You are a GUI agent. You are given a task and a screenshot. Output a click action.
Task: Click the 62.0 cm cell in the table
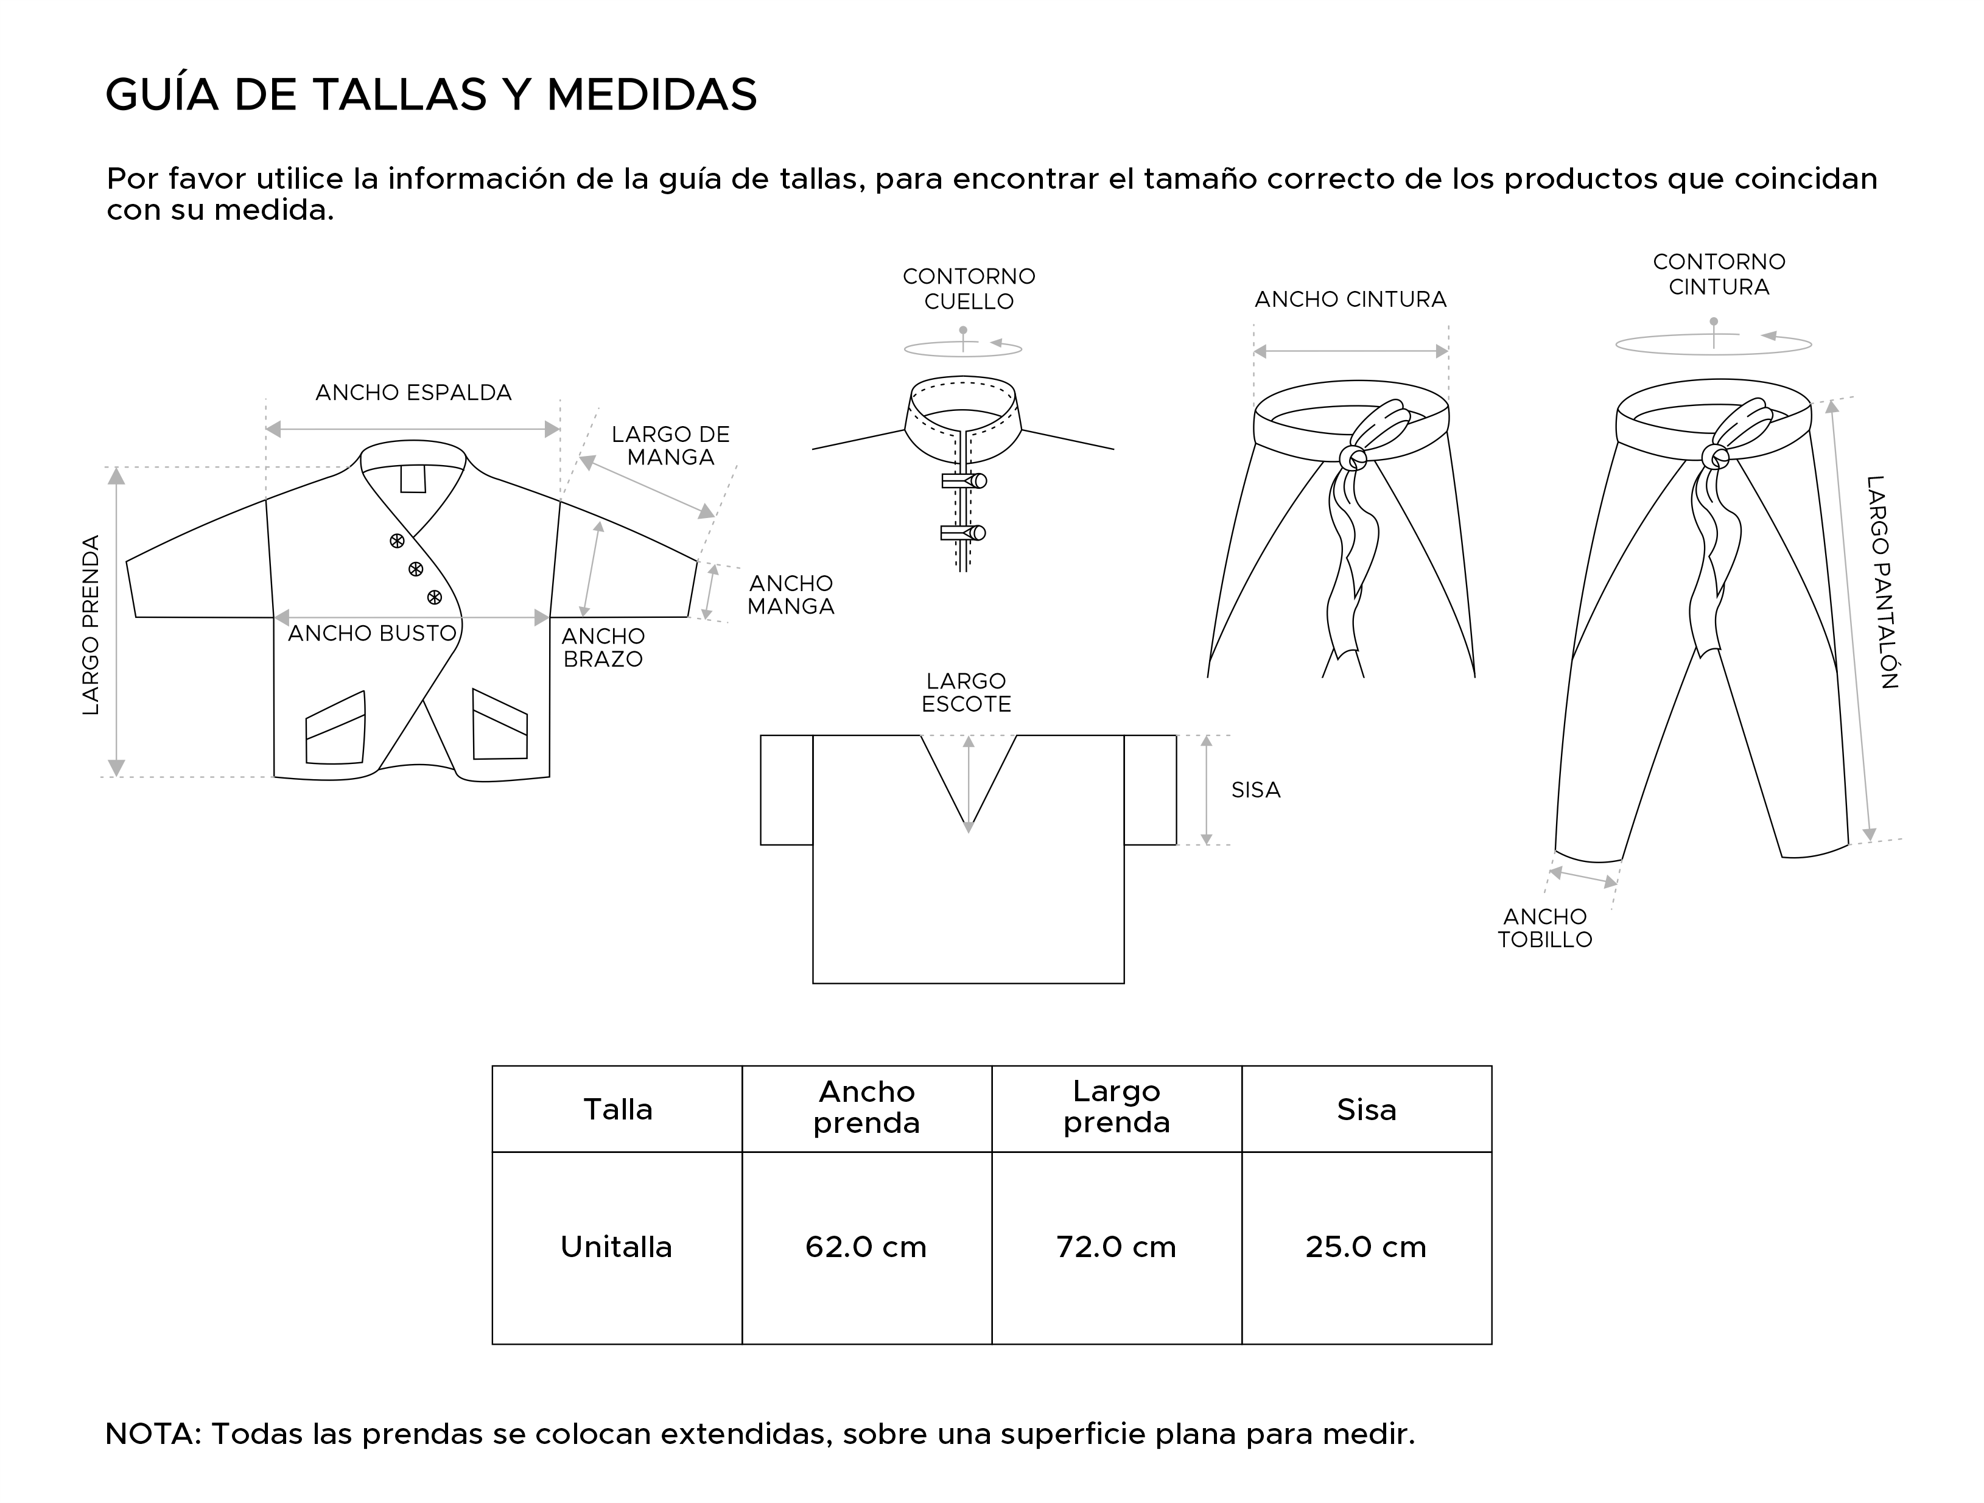tap(866, 1247)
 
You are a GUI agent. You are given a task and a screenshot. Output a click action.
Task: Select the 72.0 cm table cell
tap(1116, 1247)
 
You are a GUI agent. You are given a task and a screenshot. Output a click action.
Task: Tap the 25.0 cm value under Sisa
tap(1365, 1247)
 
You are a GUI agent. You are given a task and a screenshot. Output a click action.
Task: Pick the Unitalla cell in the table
tap(616, 1247)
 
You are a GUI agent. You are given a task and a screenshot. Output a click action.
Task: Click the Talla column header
tap(618, 1109)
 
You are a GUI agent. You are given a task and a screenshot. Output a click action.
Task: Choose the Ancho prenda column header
tap(866, 1107)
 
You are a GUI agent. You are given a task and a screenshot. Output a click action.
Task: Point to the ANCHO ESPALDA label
tap(413, 393)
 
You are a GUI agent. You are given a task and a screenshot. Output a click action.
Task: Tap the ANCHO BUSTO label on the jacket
tap(372, 633)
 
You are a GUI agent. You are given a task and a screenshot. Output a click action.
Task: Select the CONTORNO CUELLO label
tap(969, 289)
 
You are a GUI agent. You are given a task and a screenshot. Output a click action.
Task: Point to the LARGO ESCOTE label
tap(966, 692)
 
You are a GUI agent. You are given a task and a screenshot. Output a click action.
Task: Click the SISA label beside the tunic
tap(1255, 790)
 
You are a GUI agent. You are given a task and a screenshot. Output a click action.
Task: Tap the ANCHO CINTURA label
tap(1350, 300)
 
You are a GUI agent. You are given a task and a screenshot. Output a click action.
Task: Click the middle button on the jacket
tap(415, 569)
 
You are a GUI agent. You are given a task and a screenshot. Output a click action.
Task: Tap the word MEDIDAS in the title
tap(651, 95)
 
